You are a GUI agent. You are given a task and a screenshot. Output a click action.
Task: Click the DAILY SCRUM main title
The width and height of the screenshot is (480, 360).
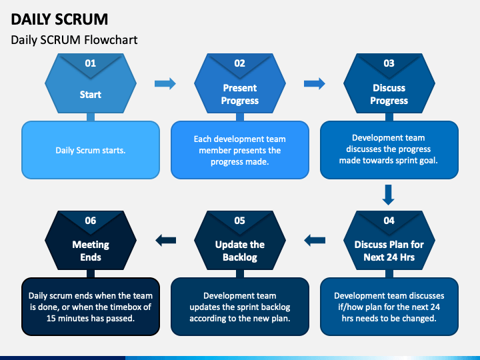click(x=59, y=19)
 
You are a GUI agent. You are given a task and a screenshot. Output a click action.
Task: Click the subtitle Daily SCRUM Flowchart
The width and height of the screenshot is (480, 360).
click(x=74, y=40)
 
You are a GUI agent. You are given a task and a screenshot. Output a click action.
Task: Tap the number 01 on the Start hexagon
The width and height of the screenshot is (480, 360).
click(x=91, y=63)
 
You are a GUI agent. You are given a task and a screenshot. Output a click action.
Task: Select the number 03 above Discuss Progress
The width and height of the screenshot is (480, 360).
click(x=389, y=63)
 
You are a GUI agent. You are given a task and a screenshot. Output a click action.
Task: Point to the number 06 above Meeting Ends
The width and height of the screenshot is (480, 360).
click(x=91, y=221)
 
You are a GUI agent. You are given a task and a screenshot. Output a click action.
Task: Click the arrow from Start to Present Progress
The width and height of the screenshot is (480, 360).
click(x=165, y=83)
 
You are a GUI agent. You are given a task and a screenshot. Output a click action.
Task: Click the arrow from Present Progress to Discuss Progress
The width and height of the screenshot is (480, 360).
click(x=315, y=83)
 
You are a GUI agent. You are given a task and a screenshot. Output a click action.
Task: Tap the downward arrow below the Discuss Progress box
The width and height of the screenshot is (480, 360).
click(x=389, y=195)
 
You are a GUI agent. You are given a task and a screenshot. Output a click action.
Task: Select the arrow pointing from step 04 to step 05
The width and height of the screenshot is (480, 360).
click(x=315, y=240)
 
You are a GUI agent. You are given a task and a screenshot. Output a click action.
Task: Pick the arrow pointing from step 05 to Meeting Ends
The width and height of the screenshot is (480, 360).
click(x=165, y=240)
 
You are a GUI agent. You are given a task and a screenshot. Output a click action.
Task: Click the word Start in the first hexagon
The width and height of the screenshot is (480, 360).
click(x=91, y=95)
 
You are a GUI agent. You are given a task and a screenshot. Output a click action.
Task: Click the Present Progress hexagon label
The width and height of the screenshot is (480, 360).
click(x=240, y=94)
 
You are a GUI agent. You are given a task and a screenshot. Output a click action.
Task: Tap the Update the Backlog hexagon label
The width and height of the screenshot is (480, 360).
click(x=240, y=251)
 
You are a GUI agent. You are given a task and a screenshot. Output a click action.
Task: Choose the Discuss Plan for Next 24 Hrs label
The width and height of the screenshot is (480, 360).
click(x=389, y=251)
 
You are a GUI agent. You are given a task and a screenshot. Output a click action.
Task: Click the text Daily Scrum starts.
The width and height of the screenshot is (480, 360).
click(x=91, y=150)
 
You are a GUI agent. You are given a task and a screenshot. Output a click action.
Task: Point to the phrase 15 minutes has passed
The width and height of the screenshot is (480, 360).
click(x=91, y=319)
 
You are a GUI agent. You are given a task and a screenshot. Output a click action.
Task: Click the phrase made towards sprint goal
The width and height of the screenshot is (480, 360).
click(x=389, y=161)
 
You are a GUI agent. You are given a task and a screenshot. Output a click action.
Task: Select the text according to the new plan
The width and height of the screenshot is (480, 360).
click(x=240, y=319)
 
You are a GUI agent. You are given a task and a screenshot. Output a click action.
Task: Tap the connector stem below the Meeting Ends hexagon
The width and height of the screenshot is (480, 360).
click(x=91, y=274)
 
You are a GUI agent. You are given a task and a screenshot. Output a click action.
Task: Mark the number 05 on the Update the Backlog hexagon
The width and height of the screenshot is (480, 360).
click(x=240, y=221)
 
